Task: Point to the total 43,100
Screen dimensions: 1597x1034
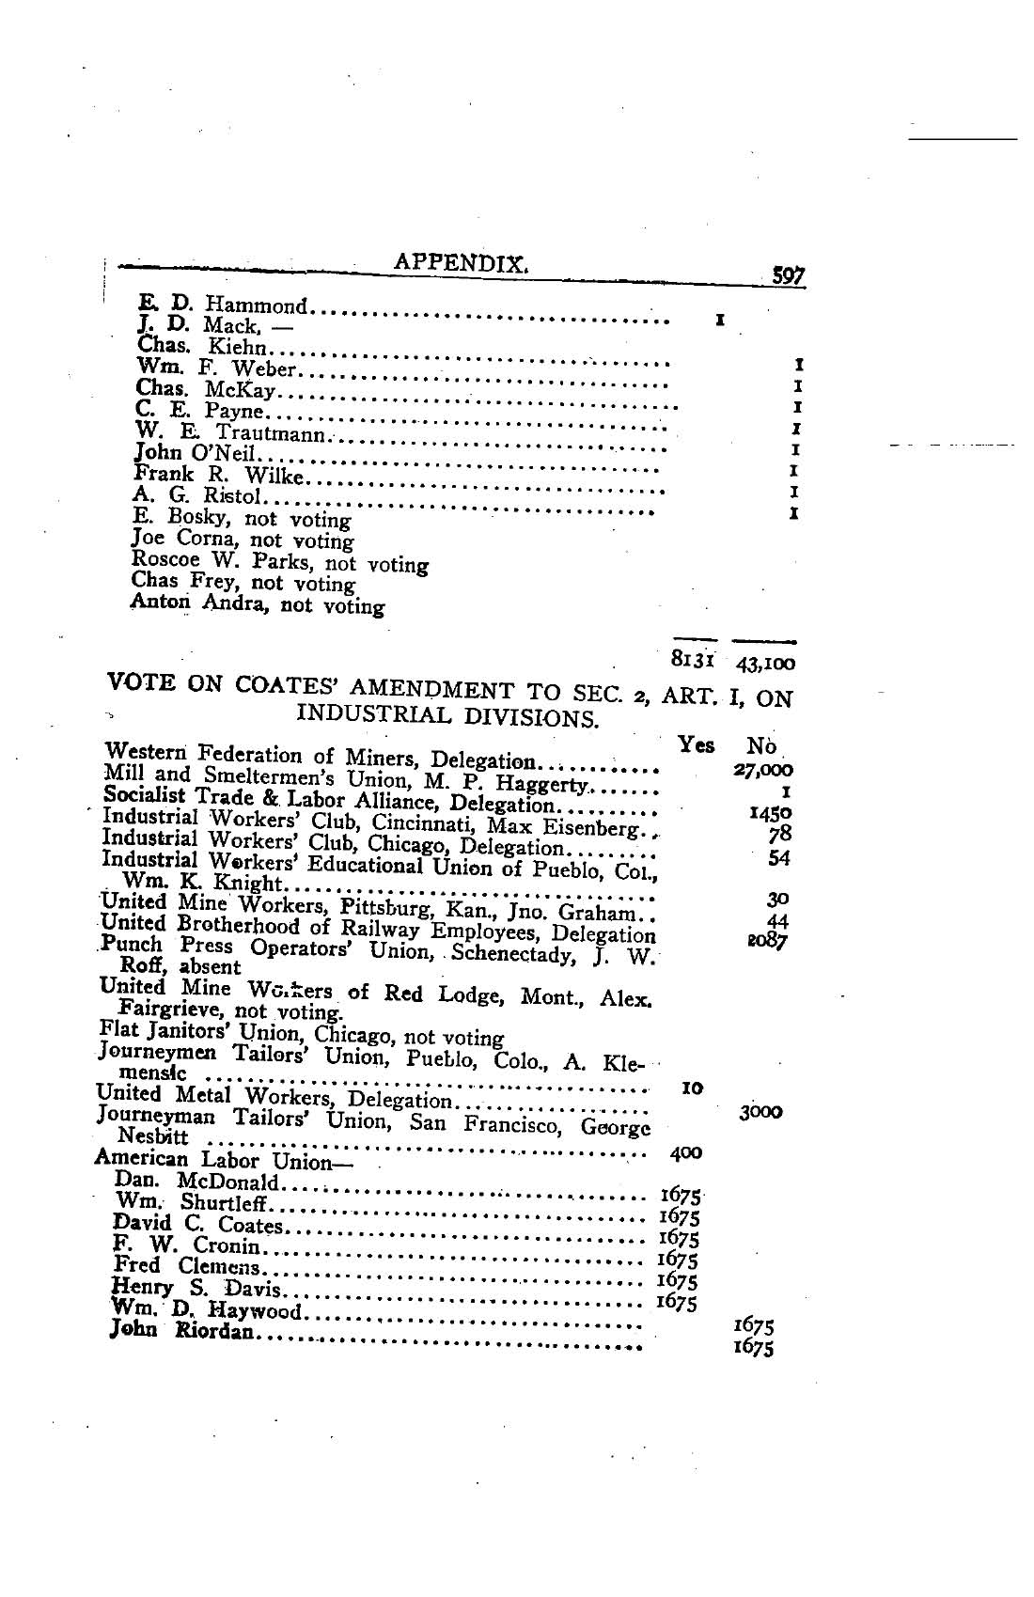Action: [x=765, y=664]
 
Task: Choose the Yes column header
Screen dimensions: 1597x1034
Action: [x=696, y=744]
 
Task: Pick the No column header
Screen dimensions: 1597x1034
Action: [x=760, y=746]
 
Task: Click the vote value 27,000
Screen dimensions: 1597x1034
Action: [x=762, y=770]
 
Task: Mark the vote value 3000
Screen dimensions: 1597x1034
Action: [x=760, y=1111]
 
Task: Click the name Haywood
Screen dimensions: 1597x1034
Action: [x=255, y=1310]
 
